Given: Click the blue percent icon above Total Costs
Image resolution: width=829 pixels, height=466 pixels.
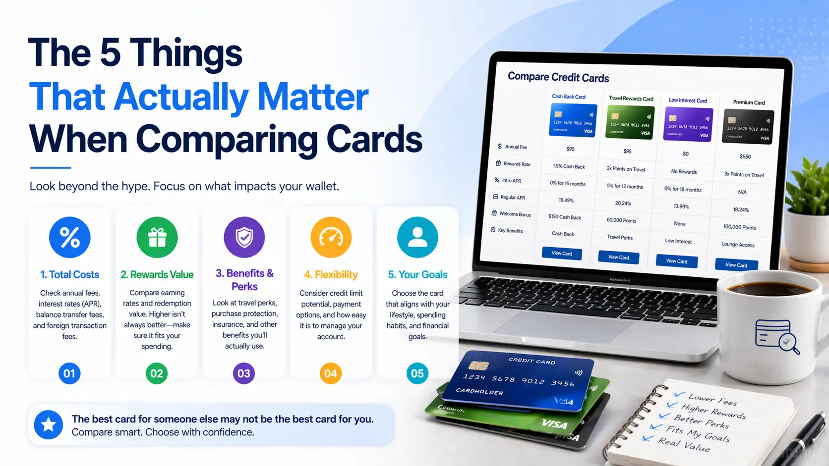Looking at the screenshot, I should coord(69,237).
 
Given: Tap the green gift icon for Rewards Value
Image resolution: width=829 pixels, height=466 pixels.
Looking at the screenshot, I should coord(157,237).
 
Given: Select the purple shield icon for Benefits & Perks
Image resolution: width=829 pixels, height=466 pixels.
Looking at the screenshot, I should coord(244,237).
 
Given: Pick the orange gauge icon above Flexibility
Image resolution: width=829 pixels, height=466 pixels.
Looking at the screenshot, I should coord(331,237).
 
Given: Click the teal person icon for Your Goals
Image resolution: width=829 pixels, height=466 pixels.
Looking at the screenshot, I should coord(417,237).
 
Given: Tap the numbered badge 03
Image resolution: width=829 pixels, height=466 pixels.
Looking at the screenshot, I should coord(244,373).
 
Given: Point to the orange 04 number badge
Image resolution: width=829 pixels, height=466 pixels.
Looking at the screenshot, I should coord(331,373).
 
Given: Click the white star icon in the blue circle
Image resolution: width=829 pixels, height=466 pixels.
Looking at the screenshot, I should coord(48,424).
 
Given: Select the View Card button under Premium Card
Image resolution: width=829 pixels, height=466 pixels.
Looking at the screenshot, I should coord(736,265).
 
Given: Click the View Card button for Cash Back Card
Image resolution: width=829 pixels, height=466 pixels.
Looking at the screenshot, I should coord(562,253).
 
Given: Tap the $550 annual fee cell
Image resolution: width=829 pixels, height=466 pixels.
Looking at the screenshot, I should coord(745,156).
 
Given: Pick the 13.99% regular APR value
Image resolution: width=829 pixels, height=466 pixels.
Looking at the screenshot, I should coord(681,206).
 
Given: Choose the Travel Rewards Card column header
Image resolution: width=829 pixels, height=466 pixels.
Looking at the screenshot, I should coord(631,99).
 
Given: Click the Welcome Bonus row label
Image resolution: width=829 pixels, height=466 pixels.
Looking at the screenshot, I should coord(515,214).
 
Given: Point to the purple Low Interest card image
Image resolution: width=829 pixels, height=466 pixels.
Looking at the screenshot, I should coord(688,125).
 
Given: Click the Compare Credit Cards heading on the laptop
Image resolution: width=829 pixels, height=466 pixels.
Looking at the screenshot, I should coord(558,77).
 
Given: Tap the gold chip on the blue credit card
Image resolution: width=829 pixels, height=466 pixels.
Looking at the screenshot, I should coord(478,365).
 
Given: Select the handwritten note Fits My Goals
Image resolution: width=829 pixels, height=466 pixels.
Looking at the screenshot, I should coord(698,434).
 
